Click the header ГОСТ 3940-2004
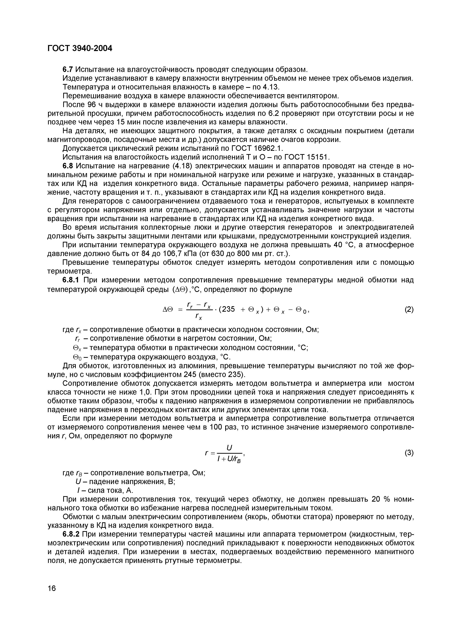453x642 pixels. pyautogui.click(x=79, y=48)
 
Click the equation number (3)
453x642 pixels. pyautogui.click(x=409, y=453)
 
